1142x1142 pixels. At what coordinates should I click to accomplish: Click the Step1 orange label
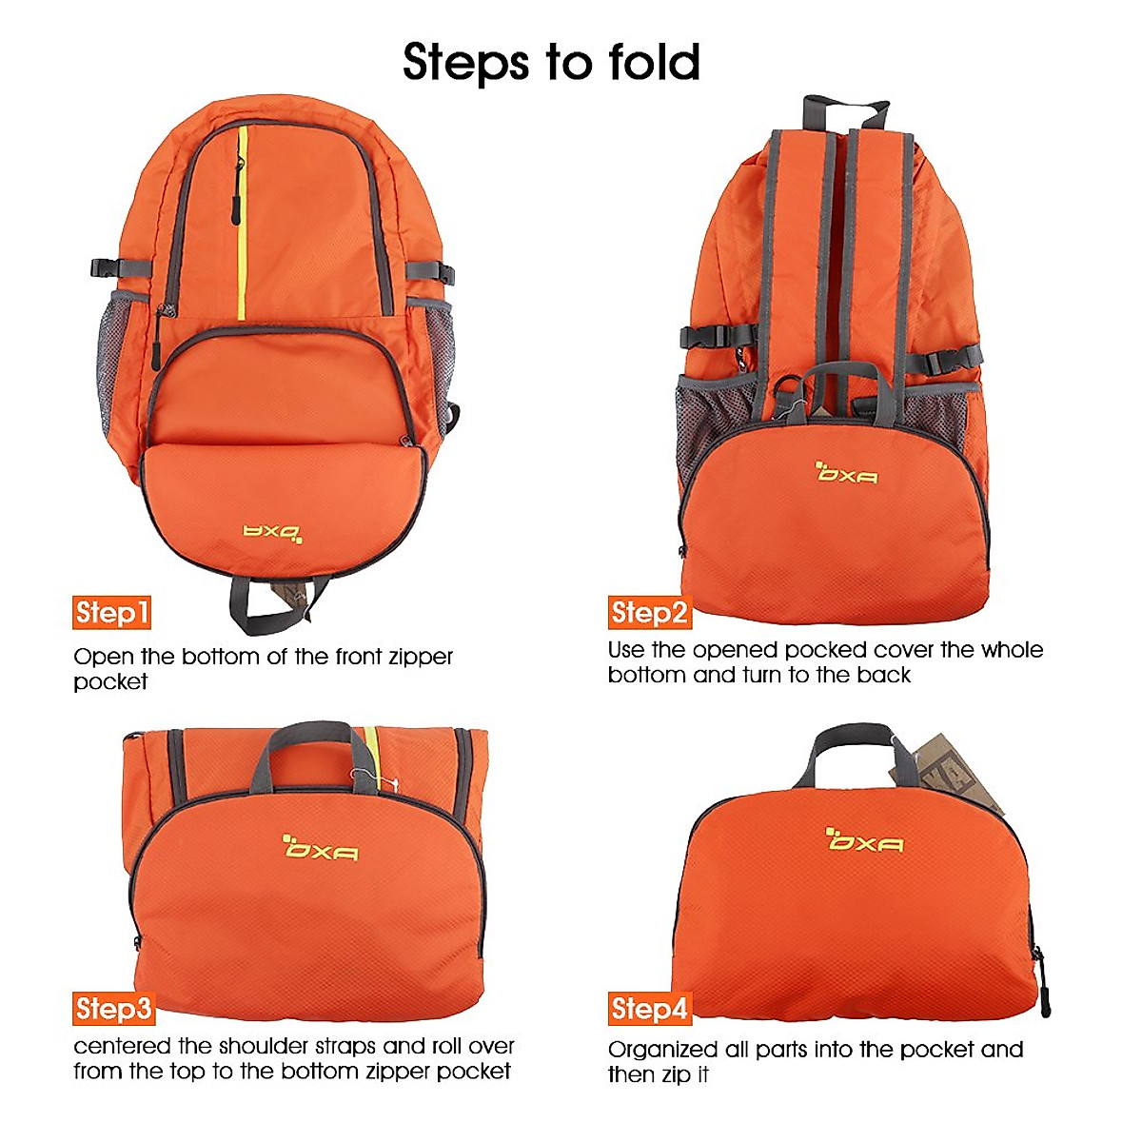tap(112, 613)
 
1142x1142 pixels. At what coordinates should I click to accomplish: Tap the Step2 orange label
tap(649, 613)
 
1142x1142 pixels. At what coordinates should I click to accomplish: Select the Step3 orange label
tap(113, 1008)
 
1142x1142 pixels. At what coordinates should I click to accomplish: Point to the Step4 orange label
tap(649, 1009)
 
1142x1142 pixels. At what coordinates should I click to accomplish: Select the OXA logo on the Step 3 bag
tap(322, 846)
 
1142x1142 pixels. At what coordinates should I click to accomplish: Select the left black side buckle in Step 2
tap(708, 336)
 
